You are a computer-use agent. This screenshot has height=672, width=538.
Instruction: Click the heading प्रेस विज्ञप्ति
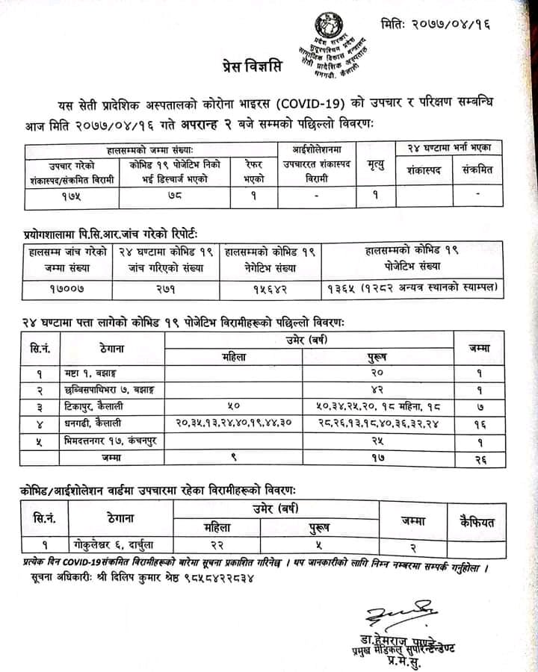coord(252,65)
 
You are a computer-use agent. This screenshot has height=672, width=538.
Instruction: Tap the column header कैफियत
coord(478,521)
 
